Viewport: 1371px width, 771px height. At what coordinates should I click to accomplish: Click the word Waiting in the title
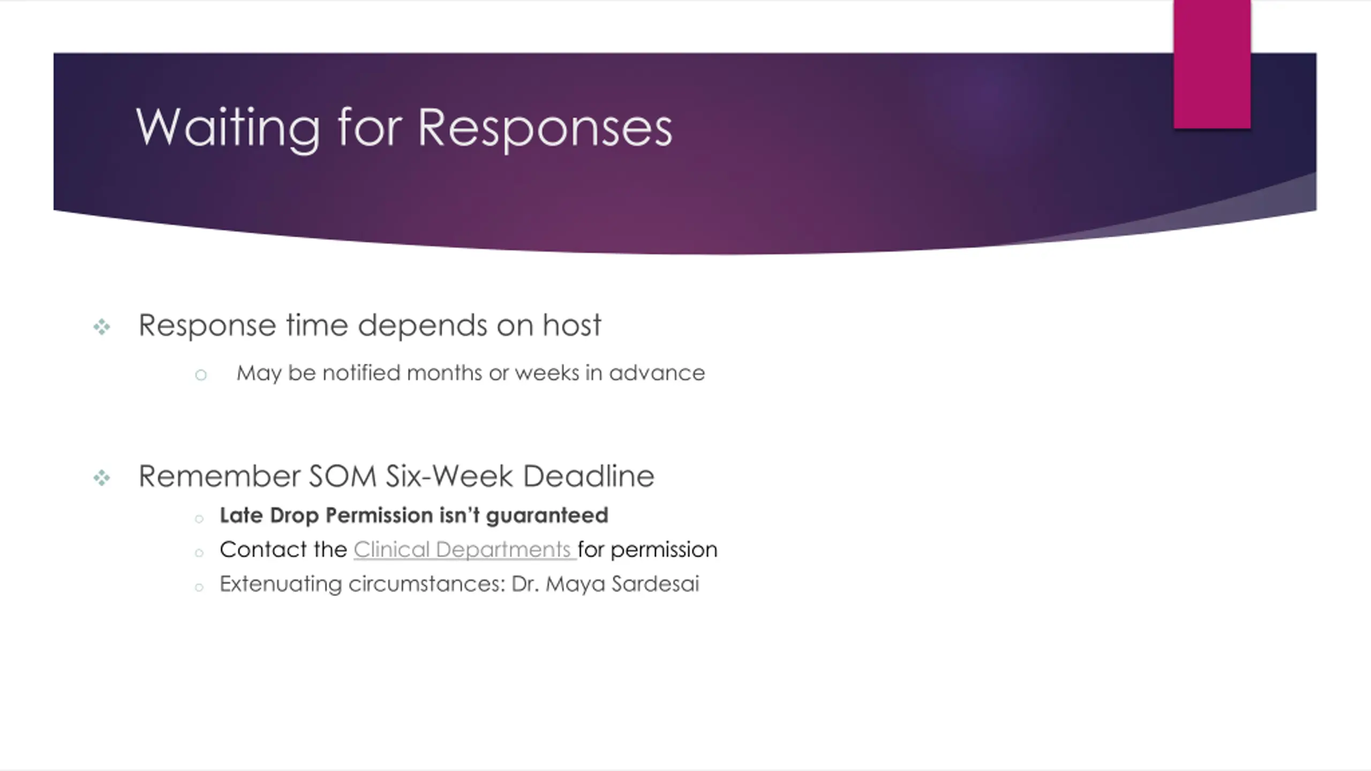tap(228, 128)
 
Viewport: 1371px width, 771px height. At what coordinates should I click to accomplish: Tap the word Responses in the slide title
tap(545, 128)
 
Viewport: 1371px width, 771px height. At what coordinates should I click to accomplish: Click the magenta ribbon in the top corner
tap(1212, 64)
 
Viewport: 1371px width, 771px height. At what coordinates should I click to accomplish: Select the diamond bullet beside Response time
tap(102, 327)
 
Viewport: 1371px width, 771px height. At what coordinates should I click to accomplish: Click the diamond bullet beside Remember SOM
tap(102, 478)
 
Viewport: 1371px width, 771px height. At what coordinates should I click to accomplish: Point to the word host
tap(572, 325)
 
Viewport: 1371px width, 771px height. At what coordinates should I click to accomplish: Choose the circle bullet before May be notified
tap(201, 375)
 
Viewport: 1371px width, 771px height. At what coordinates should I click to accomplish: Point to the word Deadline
tap(589, 476)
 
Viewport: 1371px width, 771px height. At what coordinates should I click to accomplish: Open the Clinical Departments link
tap(464, 550)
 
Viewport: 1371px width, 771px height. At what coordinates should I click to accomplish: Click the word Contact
tap(255, 550)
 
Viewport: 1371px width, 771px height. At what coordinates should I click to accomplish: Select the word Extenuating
tap(281, 584)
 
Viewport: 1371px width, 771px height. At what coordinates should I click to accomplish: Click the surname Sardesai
tap(656, 584)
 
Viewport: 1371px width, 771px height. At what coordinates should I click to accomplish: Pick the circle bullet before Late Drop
tap(199, 518)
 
